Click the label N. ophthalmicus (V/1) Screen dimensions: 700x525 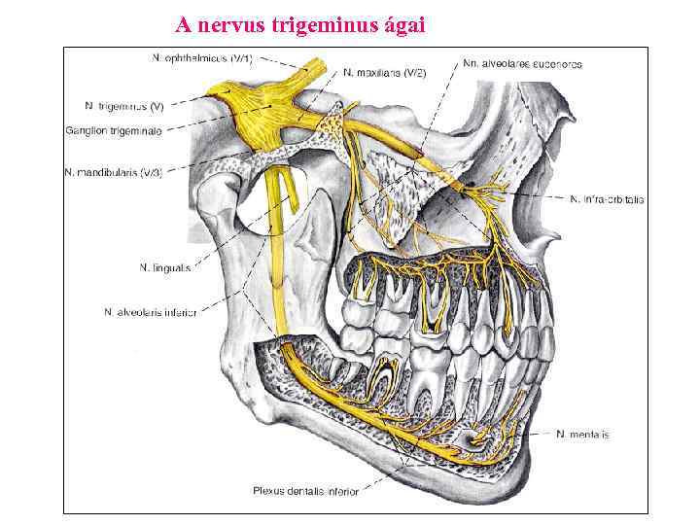(x=202, y=57)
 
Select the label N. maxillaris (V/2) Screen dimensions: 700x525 (x=384, y=71)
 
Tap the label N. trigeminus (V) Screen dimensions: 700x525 (x=124, y=105)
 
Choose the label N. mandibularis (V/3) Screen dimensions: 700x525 (x=113, y=172)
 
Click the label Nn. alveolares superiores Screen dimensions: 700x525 (x=522, y=63)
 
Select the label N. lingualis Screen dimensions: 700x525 (x=164, y=267)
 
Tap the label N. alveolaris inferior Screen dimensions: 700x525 (x=150, y=312)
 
